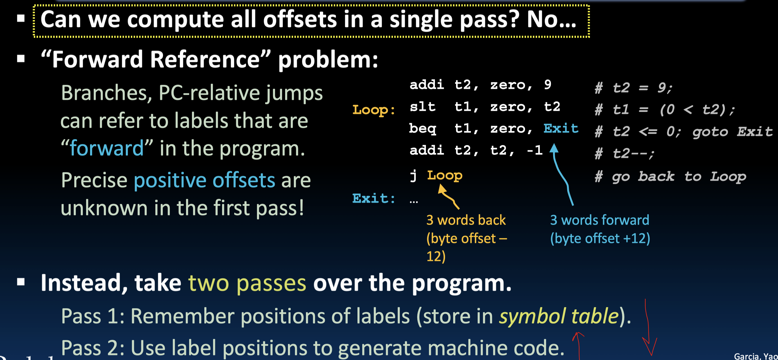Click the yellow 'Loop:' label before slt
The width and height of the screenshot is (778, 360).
click(374, 110)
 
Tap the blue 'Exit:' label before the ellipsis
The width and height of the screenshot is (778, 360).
click(374, 198)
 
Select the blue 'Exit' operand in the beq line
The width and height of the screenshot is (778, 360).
click(561, 128)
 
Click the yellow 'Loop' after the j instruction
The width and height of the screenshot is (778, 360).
click(444, 175)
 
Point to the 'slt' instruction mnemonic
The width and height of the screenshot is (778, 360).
click(422, 106)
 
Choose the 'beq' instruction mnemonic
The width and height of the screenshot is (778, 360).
click(422, 129)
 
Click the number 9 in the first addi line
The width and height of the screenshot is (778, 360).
click(547, 84)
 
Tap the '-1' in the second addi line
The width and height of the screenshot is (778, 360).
click(535, 150)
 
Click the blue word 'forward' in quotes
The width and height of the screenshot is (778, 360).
click(107, 148)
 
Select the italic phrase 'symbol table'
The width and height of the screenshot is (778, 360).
click(559, 316)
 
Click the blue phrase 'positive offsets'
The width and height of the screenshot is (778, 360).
click(204, 180)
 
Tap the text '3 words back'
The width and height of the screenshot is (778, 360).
click(466, 220)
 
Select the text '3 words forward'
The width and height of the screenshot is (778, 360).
click(600, 220)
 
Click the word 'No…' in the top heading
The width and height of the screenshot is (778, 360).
click(551, 19)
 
